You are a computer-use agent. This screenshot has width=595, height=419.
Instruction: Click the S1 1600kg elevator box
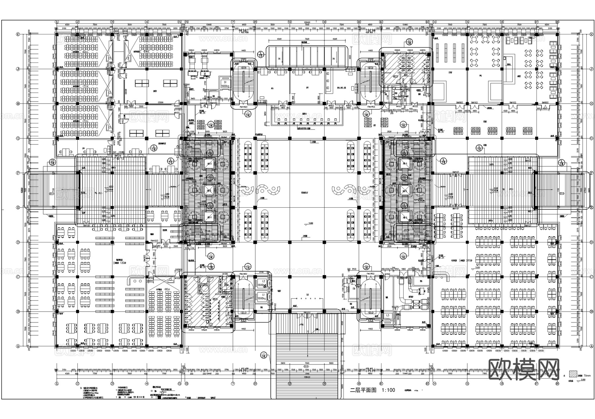(x=225, y=84)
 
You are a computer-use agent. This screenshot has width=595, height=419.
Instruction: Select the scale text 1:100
(x=388, y=390)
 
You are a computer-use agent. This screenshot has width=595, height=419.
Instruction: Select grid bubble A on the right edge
(x=591, y=346)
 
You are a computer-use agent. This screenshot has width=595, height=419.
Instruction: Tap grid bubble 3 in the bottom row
(x=112, y=384)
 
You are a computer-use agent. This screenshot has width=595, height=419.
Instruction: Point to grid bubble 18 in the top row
(x=557, y=22)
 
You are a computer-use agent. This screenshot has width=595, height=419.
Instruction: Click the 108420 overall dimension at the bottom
(x=307, y=377)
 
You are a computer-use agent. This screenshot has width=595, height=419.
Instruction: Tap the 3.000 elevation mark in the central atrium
(x=310, y=224)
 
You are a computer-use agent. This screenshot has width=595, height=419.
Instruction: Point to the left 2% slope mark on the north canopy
(x=278, y=59)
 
